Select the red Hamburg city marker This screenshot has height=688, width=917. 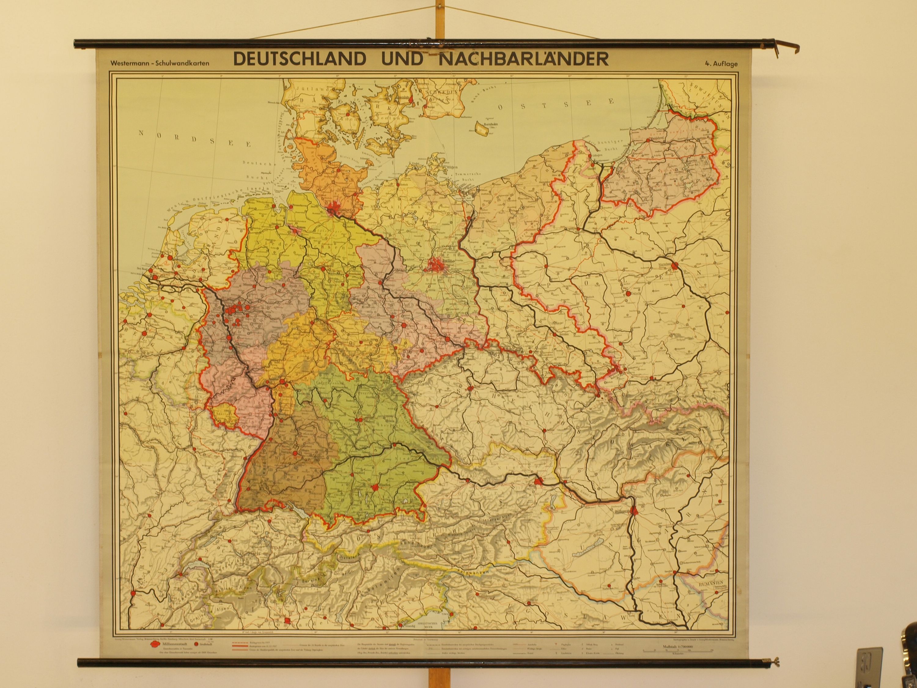pos(334,212)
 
